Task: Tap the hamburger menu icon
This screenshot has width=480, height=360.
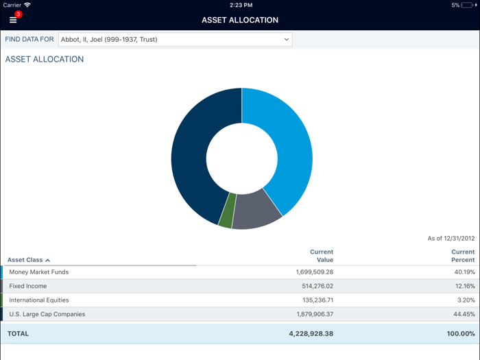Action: click(12, 20)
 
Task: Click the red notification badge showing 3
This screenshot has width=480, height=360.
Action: click(19, 14)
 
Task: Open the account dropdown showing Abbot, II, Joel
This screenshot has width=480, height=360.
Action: click(175, 40)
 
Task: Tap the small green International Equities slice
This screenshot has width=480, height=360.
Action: click(227, 211)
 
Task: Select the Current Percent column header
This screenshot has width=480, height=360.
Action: click(463, 256)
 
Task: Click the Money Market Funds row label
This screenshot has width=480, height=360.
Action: click(38, 272)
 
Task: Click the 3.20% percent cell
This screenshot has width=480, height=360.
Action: click(466, 300)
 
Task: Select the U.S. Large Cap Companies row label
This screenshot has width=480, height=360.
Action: click(47, 314)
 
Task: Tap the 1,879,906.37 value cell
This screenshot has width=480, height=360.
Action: click(310, 314)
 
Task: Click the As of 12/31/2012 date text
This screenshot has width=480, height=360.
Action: click(451, 239)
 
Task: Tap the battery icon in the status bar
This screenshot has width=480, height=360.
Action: click(468, 5)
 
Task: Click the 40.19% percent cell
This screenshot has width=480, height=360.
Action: click(464, 272)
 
